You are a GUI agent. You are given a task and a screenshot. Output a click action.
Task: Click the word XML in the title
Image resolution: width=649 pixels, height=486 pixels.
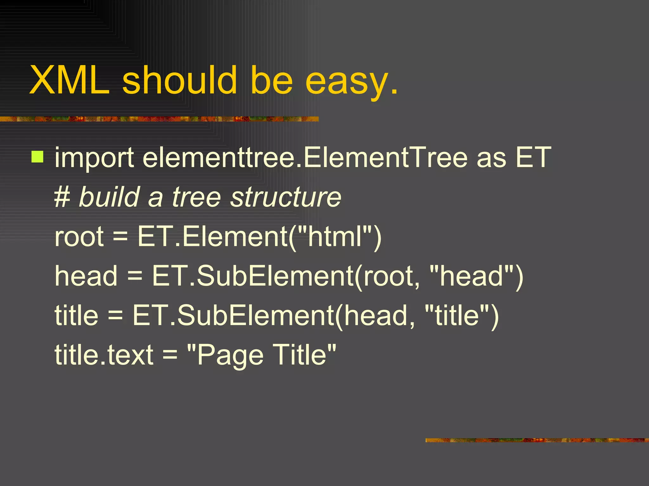(x=69, y=80)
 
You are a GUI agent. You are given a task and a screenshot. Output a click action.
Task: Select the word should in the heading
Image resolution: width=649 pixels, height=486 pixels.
(x=179, y=80)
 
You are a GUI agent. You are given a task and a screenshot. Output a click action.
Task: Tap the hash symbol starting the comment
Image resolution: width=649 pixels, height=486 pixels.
(x=62, y=197)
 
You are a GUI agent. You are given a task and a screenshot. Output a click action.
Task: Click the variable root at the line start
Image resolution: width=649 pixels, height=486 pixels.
(x=79, y=236)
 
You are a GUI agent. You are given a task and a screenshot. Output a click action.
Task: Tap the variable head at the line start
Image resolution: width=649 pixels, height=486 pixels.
(x=86, y=276)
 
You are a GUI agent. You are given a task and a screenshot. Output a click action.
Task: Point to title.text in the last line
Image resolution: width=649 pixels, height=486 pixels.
(x=104, y=355)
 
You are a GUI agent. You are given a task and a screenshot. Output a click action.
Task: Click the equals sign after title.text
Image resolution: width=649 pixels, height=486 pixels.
(x=170, y=355)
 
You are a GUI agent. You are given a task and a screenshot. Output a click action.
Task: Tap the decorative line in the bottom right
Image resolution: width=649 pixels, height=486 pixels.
(x=537, y=440)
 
